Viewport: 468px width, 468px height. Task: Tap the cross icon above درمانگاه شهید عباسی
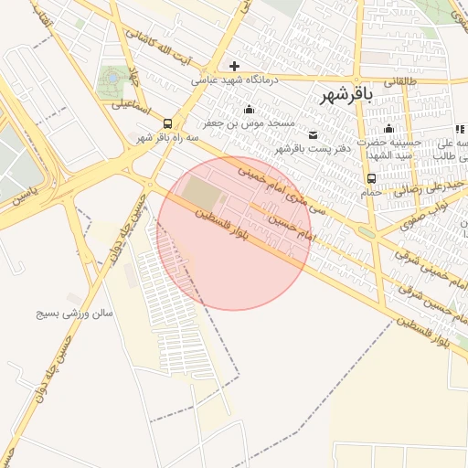click(x=235, y=66)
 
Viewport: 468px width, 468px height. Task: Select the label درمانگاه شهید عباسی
click(x=234, y=80)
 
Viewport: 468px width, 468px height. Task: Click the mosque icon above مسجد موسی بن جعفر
click(x=249, y=110)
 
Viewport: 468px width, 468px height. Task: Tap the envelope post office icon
click(x=314, y=135)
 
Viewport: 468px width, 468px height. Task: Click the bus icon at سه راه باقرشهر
click(x=167, y=122)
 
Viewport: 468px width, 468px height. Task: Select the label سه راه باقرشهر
click(x=167, y=136)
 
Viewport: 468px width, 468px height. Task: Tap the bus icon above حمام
click(x=371, y=179)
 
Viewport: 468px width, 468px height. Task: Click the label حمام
click(x=371, y=193)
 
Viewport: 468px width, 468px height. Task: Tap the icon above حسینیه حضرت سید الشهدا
click(x=389, y=129)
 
